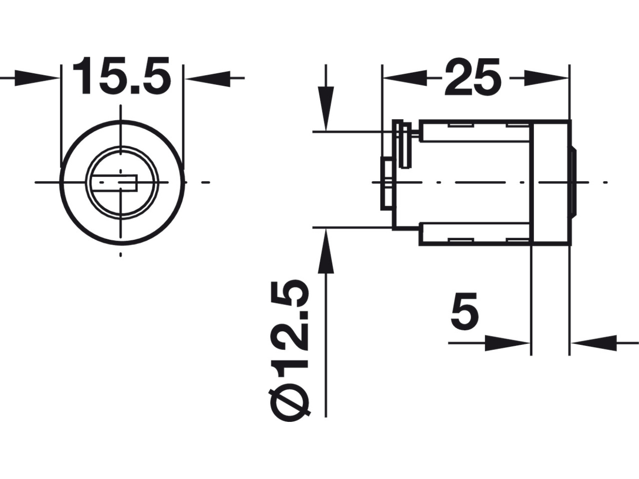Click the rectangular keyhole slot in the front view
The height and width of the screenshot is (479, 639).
[114, 183]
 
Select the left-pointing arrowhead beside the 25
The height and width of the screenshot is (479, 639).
[404, 78]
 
